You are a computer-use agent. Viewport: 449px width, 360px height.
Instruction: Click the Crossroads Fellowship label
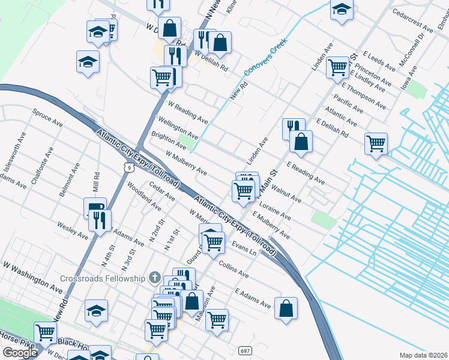103,278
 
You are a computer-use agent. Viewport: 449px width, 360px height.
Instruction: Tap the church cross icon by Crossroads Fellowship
155,278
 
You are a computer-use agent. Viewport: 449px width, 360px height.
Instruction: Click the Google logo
19,353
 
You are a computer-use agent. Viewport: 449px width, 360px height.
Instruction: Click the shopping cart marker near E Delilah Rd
376,143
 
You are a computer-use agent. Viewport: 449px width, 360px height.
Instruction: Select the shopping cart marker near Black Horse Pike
46,332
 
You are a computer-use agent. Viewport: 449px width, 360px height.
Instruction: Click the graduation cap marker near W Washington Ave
96,311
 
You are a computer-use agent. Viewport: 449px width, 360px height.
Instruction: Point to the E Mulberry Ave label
271,226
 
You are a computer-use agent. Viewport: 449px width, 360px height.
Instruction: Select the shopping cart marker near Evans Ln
214,242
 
